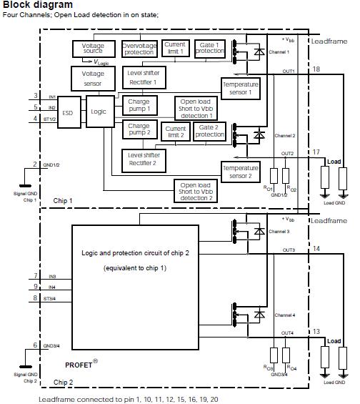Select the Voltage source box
pyautogui.click(x=93, y=49)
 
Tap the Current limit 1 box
pyautogui.click(x=175, y=49)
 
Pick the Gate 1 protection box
pyautogui.click(x=210, y=49)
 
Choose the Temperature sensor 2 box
pyautogui.click(x=240, y=171)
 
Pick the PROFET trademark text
pyautogui.click(x=80, y=365)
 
